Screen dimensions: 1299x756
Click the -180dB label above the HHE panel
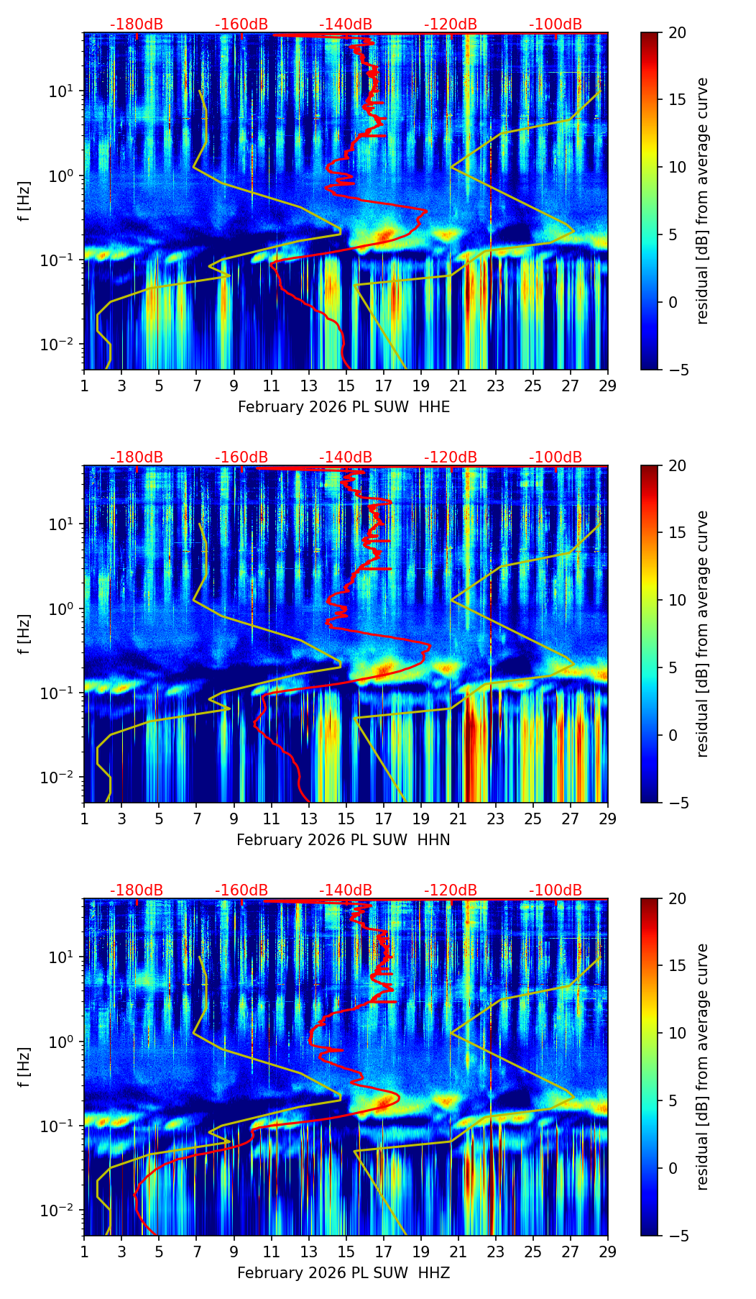137,24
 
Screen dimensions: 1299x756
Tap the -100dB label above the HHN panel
556,457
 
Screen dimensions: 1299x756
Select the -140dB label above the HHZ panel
346,890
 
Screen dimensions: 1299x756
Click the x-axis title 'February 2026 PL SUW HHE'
344,407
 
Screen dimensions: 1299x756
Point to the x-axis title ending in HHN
344,840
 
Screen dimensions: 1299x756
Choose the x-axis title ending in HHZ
344,1273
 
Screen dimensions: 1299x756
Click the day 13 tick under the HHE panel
309,386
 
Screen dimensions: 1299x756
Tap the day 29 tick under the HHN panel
608,819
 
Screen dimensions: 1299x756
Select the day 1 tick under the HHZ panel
84,1252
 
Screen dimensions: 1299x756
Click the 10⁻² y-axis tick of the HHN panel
60,778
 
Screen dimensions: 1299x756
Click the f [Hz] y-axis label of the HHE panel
25,201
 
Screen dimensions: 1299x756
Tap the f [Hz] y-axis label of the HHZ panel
25,1067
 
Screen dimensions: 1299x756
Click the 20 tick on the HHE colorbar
676,33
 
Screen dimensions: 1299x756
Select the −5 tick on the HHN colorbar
676,803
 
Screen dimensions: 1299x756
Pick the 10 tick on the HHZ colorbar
676,1034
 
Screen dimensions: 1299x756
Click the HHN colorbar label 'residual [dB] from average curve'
702,634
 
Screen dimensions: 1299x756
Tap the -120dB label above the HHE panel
451,24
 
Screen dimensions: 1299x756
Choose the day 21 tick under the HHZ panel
458,1252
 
